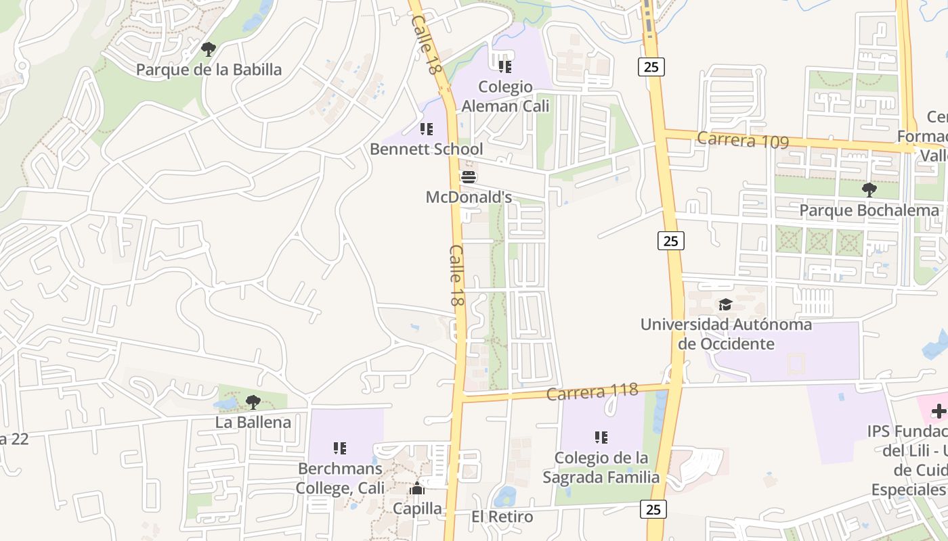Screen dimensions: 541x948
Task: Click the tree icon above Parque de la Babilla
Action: click(x=209, y=49)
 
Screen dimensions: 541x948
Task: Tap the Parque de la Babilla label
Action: click(x=209, y=70)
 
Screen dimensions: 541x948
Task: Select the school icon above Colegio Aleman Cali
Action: click(x=504, y=66)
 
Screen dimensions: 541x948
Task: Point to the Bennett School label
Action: click(x=427, y=149)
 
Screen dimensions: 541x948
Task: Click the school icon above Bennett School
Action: click(x=426, y=128)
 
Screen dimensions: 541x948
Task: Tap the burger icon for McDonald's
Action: click(x=469, y=177)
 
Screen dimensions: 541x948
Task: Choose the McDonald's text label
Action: click(x=469, y=197)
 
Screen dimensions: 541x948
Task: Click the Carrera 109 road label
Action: click(x=743, y=140)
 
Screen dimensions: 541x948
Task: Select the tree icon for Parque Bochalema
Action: click(x=869, y=190)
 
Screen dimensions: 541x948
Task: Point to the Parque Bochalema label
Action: click(x=869, y=210)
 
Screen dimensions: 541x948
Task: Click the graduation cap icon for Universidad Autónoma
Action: click(x=725, y=304)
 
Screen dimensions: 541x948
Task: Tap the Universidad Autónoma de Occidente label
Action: click(x=726, y=334)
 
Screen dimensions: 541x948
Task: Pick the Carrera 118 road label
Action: click(x=592, y=392)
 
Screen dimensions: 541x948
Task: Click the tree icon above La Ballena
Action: click(x=253, y=402)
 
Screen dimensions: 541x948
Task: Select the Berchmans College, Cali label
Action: click(x=340, y=478)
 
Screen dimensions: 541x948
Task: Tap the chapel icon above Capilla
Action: click(x=417, y=488)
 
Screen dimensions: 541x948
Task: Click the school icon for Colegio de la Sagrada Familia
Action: click(x=601, y=438)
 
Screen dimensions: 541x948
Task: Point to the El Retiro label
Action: click(x=502, y=517)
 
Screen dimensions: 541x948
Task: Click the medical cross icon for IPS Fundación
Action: click(x=939, y=411)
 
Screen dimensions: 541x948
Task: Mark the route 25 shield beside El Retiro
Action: click(x=653, y=509)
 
